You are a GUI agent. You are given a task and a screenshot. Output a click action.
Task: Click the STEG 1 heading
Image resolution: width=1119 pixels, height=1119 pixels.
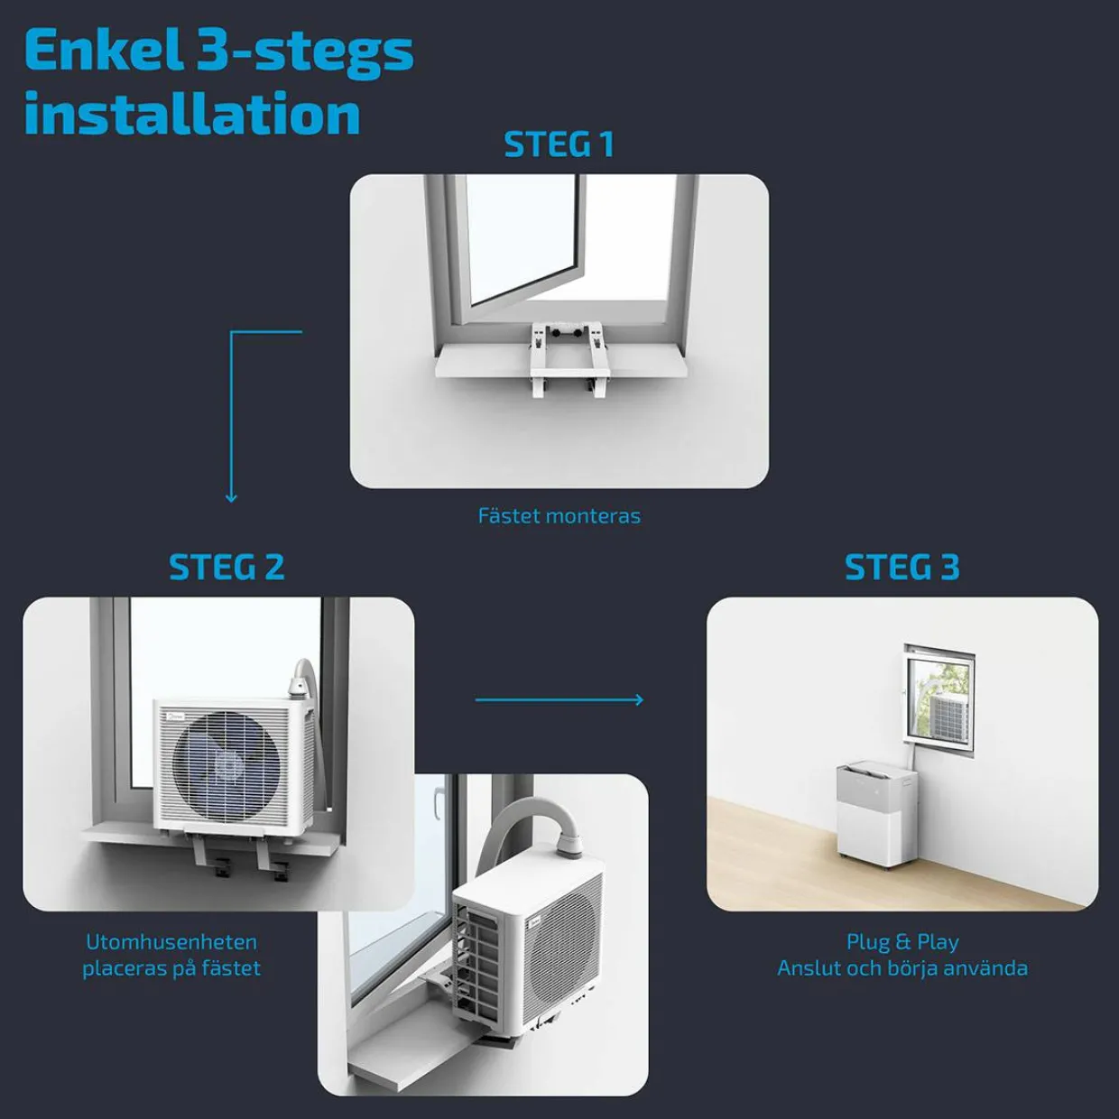[x=559, y=144]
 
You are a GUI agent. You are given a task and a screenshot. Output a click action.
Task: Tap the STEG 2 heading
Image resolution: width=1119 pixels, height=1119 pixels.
[x=227, y=568]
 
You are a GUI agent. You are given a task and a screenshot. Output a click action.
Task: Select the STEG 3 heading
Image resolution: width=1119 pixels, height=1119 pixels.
[x=902, y=568]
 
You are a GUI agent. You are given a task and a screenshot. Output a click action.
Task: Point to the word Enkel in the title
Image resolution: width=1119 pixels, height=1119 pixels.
[x=102, y=51]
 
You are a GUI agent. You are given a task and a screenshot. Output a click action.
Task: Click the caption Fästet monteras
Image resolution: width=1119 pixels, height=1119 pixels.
[x=559, y=515]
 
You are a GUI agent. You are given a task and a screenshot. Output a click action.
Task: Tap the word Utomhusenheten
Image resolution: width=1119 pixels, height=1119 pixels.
[x=171, y=942]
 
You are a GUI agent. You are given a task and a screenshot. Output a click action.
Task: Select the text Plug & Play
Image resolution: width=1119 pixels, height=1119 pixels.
[x=902, y=942]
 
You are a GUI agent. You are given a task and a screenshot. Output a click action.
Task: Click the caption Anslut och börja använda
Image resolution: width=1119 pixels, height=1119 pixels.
[x=902, y=968]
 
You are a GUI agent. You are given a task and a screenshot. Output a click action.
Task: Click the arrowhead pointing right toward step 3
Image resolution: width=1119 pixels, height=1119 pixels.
[x=640, y=699]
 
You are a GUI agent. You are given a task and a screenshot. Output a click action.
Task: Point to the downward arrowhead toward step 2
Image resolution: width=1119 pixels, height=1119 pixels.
[x=231, y=497]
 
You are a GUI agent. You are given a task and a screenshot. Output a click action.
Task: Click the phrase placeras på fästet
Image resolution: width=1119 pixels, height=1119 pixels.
[x=171, y=968]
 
